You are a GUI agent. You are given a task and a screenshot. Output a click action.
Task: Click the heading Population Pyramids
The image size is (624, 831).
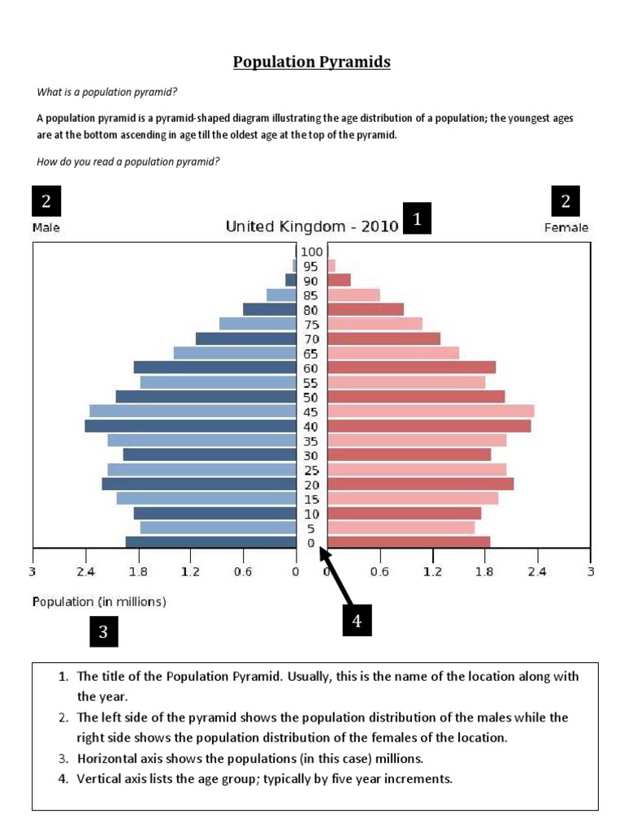point(312,62)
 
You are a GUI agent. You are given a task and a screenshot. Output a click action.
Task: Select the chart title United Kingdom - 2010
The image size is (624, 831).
point(311,226)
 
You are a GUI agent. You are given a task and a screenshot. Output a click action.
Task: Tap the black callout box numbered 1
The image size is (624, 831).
point(417,218)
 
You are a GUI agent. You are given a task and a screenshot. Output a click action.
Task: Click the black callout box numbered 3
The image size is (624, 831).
point(103,632)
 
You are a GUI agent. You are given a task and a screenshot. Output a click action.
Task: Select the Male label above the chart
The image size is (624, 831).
point(46,228)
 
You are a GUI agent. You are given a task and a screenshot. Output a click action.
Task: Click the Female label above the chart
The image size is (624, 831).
point(566,228)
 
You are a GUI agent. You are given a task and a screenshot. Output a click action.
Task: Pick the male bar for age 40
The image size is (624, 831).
point(190,426)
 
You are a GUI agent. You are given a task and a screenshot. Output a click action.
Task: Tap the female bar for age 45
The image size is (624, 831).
point(431,411)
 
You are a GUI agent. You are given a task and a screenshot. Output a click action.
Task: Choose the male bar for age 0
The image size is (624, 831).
point(211,542)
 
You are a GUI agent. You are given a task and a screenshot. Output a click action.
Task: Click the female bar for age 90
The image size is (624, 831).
point(339,280)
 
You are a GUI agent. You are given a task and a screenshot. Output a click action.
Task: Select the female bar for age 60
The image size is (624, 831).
point(411,368)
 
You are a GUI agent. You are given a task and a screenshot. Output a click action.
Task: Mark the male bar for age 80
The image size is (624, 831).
point(270,309)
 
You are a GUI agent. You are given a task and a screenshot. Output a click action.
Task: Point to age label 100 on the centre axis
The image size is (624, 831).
point(311,252)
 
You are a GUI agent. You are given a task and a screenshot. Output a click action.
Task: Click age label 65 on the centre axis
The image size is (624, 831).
point(311,353)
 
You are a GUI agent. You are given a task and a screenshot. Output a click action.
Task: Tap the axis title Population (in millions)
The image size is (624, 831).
point(99,601)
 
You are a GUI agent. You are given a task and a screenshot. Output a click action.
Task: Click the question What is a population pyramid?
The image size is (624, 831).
point(107,91)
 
